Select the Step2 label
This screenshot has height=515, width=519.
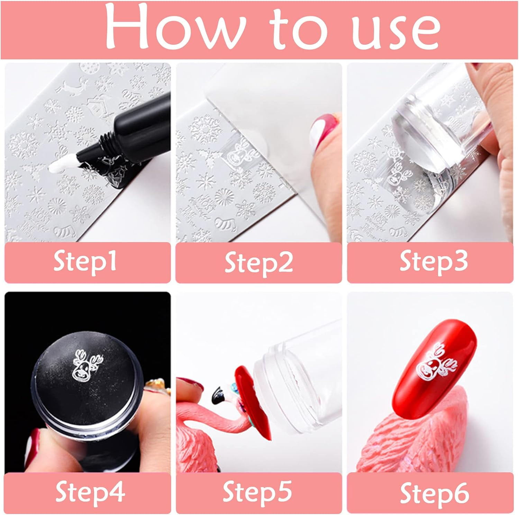[x=259, y=263]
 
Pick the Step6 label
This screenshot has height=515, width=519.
[x=435, y=491]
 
